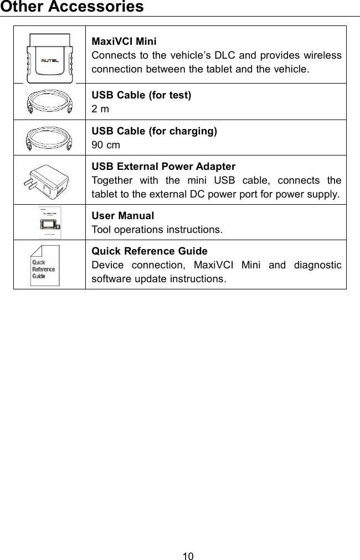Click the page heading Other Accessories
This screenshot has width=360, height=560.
tap(72, 7)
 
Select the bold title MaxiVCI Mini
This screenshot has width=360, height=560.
tap(124, 42)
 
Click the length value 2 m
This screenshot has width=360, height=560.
tap(100, 109)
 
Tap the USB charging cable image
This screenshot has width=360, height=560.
tap(50, 138)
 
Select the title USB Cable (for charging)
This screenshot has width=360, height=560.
tap(154, 131)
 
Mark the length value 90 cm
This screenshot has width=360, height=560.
tap(105, 145)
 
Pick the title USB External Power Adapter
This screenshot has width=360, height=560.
tap(163, 167)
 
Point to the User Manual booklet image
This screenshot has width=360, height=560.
tap(50, 222)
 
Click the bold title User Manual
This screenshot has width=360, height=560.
tap(122, 215)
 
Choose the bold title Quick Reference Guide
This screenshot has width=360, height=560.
tap(150, 252)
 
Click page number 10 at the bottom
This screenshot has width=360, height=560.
tap(188, 556)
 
